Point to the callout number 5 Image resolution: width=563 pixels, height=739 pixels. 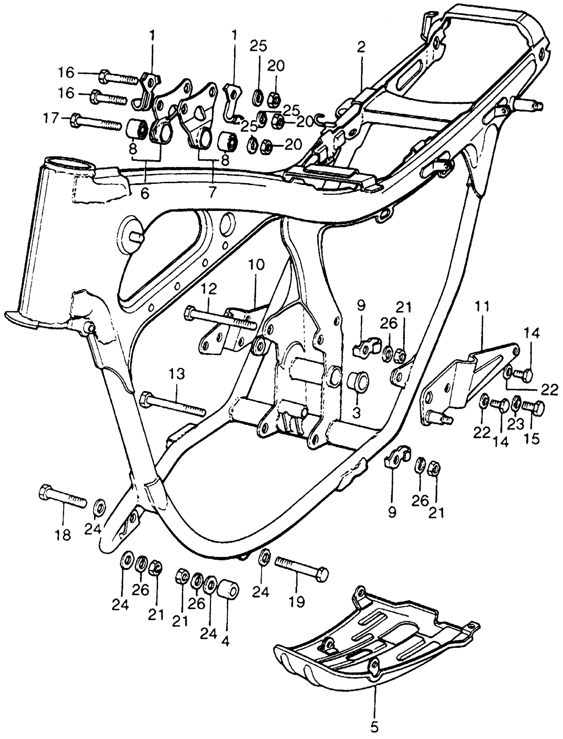pyautogui.click(x=375, y=727)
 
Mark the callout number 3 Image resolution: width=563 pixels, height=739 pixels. pyautogui.click(x=356, y=414)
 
